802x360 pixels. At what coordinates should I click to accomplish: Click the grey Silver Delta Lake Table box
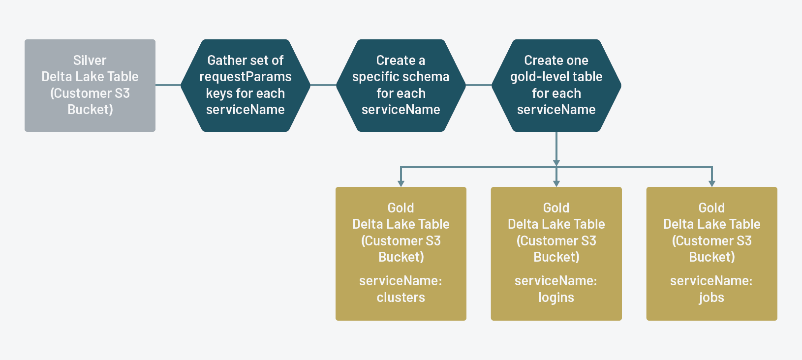click(x=90, y=86)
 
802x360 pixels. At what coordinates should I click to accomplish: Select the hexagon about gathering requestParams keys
click(x=245, y=86)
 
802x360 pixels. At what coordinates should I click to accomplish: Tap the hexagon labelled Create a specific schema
click(x=401, y=86)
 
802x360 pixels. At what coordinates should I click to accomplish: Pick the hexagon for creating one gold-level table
click(x=556, y=86)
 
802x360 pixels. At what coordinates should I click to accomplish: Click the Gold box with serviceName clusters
click(x=401, y=254)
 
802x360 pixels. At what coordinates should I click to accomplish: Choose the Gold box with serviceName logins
click(x=556, y=254)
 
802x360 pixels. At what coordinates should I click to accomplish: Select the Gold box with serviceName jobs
click(x=711, y=254)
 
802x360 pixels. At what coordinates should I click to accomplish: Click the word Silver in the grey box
click(x=90, y=60)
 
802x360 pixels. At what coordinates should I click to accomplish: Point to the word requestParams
click(x=245, y=77)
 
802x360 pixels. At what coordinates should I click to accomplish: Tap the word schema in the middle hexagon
click(x=427, y=77)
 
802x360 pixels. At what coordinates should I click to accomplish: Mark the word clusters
click(x=401, y=298)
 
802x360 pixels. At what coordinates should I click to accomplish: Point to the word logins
click(x=556, y=298)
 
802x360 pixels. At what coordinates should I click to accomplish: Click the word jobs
click(x=711, y=298)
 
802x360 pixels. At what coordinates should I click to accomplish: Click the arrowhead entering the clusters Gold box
click(x=401, y=183)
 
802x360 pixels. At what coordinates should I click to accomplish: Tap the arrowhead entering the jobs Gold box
click(x=712, y=183)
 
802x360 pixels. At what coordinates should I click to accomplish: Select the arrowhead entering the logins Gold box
click(x=556, y=183)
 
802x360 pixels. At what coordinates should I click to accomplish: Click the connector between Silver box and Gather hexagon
click(x=168, y=85)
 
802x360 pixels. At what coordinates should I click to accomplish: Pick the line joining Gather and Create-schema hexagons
click(x=323, y=85)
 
